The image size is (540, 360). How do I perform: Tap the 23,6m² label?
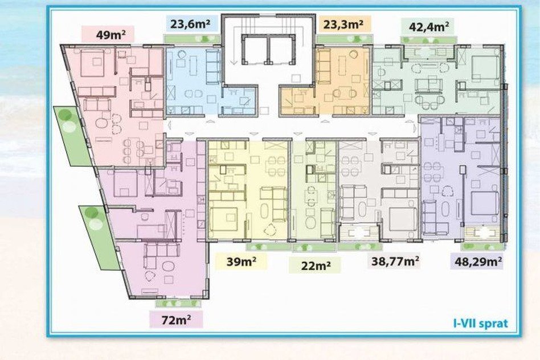click(x=190, y=24)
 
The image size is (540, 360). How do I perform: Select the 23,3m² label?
click(x=343, y=24)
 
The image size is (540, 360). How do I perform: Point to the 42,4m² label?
click(x=429, y=27)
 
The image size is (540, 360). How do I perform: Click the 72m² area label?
click(x=177, y=320)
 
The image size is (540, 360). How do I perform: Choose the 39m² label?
click(x=241, y=261)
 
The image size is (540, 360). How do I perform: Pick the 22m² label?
click(x=316, y=265)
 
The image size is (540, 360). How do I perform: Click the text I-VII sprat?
click(x=480, y=324)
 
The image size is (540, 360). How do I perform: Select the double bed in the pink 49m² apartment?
click(x=92, y=63)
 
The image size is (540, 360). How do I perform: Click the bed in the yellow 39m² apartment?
click(x=223, y=220)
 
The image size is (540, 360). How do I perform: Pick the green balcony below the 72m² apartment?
click(x=178, y=304)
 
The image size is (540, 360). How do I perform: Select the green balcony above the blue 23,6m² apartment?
click(x=192, y=39)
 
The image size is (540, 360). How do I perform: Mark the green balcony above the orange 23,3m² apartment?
click(x=344, y=39)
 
